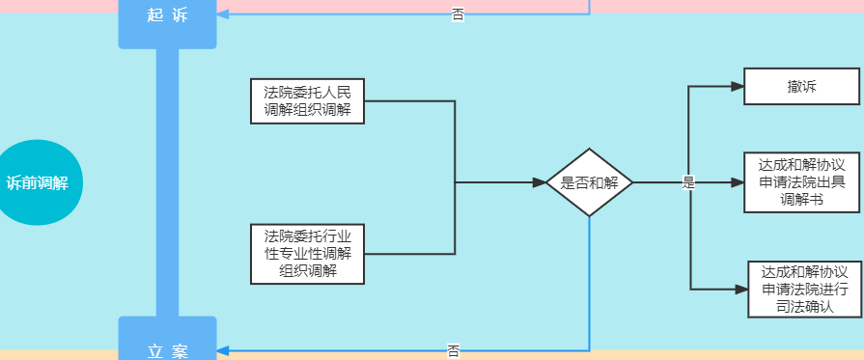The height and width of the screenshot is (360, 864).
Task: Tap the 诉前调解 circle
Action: point(38,182)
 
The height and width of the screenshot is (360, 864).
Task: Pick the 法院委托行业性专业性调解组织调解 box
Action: point(307,254)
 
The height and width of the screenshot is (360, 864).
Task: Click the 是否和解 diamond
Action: point(589,182)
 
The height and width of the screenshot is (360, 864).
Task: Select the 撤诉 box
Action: point(801,87)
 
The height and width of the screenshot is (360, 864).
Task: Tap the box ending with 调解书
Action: point(801,182)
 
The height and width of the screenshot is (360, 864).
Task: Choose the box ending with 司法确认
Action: point(804,290)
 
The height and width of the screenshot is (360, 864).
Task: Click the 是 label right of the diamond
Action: point(688,182)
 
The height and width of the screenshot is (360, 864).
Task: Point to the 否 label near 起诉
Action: point(457,14)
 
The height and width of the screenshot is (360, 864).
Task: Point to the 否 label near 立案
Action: point(453,350)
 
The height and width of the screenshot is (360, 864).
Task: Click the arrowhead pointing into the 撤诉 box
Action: point(738,87)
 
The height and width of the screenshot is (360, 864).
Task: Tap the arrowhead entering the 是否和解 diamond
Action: point(540,182)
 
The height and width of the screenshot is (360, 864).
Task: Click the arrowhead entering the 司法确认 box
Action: point(742,290)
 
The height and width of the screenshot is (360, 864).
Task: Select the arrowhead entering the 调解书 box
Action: point(738,182)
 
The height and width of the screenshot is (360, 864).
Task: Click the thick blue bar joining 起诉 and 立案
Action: point(167,182)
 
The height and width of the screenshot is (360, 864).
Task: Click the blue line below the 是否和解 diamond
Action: point(589,280)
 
